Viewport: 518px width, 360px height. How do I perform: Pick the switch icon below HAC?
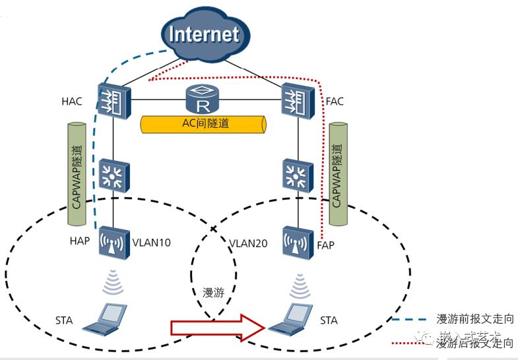click(x=113, y=175)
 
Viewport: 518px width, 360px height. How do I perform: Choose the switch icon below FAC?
click(x=295, y=175)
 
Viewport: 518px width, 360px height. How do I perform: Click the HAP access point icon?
click(x=113, y=243)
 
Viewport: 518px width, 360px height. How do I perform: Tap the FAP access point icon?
click(x=295, y=243)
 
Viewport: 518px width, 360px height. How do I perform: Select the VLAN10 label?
click(x=152, y=243)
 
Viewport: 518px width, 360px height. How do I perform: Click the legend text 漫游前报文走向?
click(x=474, y=319)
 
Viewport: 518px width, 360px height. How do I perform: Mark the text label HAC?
click(x=73, y=102)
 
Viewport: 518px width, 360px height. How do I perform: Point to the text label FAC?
click(x=335, y=102)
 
